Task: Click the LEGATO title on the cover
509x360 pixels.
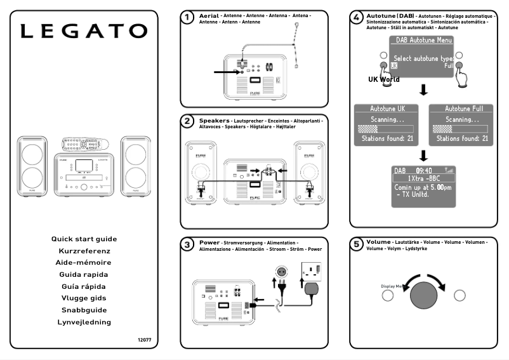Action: [84, 31]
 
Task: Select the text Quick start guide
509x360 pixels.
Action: [84, 239]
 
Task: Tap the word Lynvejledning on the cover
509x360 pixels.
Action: [84, 323]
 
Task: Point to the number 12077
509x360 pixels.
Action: [145, 340]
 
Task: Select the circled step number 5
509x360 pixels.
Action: [357, 244]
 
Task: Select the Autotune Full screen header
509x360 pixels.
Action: [459, 109]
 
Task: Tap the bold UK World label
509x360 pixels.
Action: [384, 80]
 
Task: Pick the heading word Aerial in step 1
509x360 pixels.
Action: [209, 15]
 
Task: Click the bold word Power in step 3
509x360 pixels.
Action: [209, 243]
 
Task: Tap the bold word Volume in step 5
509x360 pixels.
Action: [379, 243]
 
